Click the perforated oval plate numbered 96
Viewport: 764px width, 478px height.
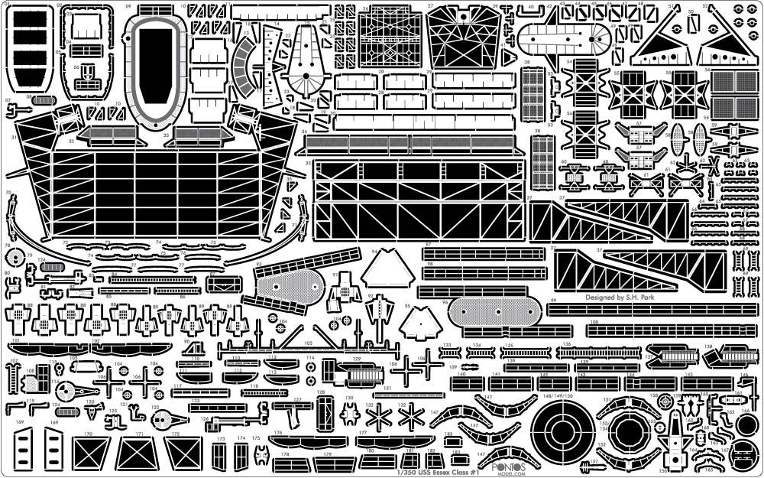click(489, 312)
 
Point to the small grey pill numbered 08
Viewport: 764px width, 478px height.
click(44, 100)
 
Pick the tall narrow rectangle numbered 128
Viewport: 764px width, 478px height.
click(322, 414)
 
